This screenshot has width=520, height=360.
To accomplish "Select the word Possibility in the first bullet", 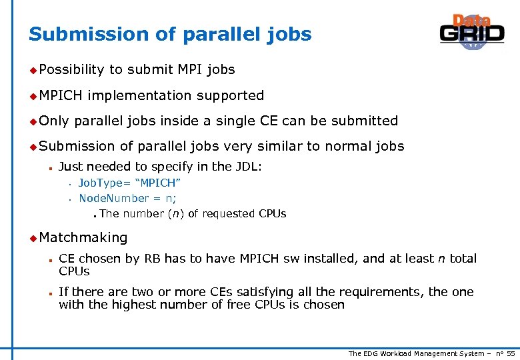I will pos(72,69).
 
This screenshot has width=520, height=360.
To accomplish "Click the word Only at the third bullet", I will pos(54,121).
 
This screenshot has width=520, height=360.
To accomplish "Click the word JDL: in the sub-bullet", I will pos(247,167).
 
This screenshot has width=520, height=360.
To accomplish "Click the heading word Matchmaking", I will pos(83,237).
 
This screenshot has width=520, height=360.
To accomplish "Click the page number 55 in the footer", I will pos(511,353).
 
